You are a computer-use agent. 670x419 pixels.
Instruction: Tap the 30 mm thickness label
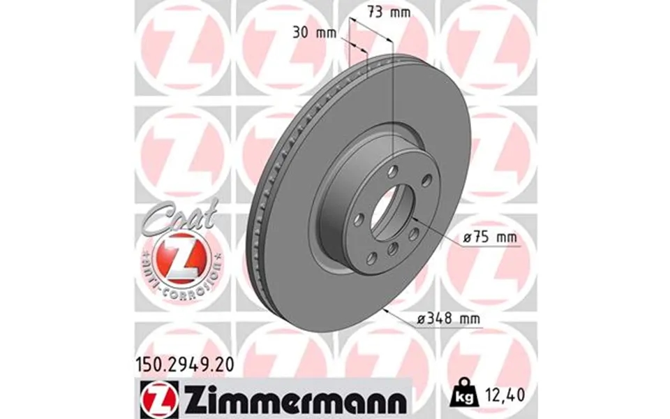point(312,31)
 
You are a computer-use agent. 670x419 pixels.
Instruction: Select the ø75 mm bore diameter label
point(490,238)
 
